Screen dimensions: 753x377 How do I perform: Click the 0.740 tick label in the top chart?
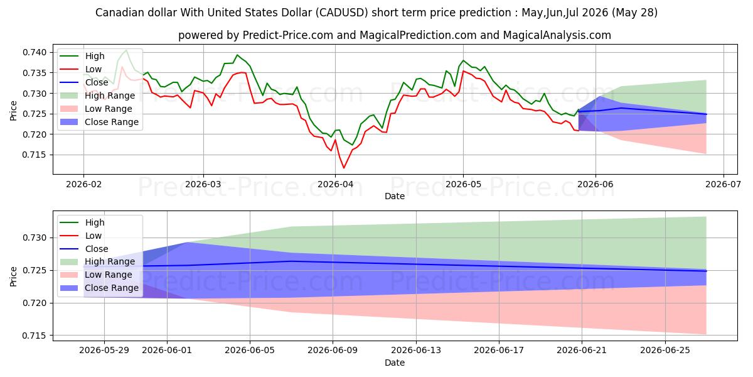[35, 53]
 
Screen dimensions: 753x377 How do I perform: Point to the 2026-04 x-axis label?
[335, 185]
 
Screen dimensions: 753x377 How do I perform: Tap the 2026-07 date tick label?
[723, 185]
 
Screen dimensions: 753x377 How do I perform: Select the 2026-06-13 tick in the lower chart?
[416, 351]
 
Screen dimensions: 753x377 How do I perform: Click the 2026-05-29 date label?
[104, 351]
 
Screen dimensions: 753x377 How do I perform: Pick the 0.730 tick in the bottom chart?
[35, 238]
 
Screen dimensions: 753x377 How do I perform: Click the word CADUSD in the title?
[342, 13]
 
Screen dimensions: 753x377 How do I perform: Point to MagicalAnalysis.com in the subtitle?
[557, 35]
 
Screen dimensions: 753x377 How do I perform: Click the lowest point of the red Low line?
[344, 168]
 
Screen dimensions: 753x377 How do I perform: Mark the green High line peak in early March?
[237, 55]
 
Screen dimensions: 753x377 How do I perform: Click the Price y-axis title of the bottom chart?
[13, 276]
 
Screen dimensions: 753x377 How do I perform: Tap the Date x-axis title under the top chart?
[395, 196]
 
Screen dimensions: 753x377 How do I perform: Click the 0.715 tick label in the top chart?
[35, 155]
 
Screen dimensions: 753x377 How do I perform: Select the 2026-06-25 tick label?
[665, 351]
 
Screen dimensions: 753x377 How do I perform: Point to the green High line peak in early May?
[463, 60]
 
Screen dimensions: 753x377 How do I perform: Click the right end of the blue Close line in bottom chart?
[706, 271]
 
